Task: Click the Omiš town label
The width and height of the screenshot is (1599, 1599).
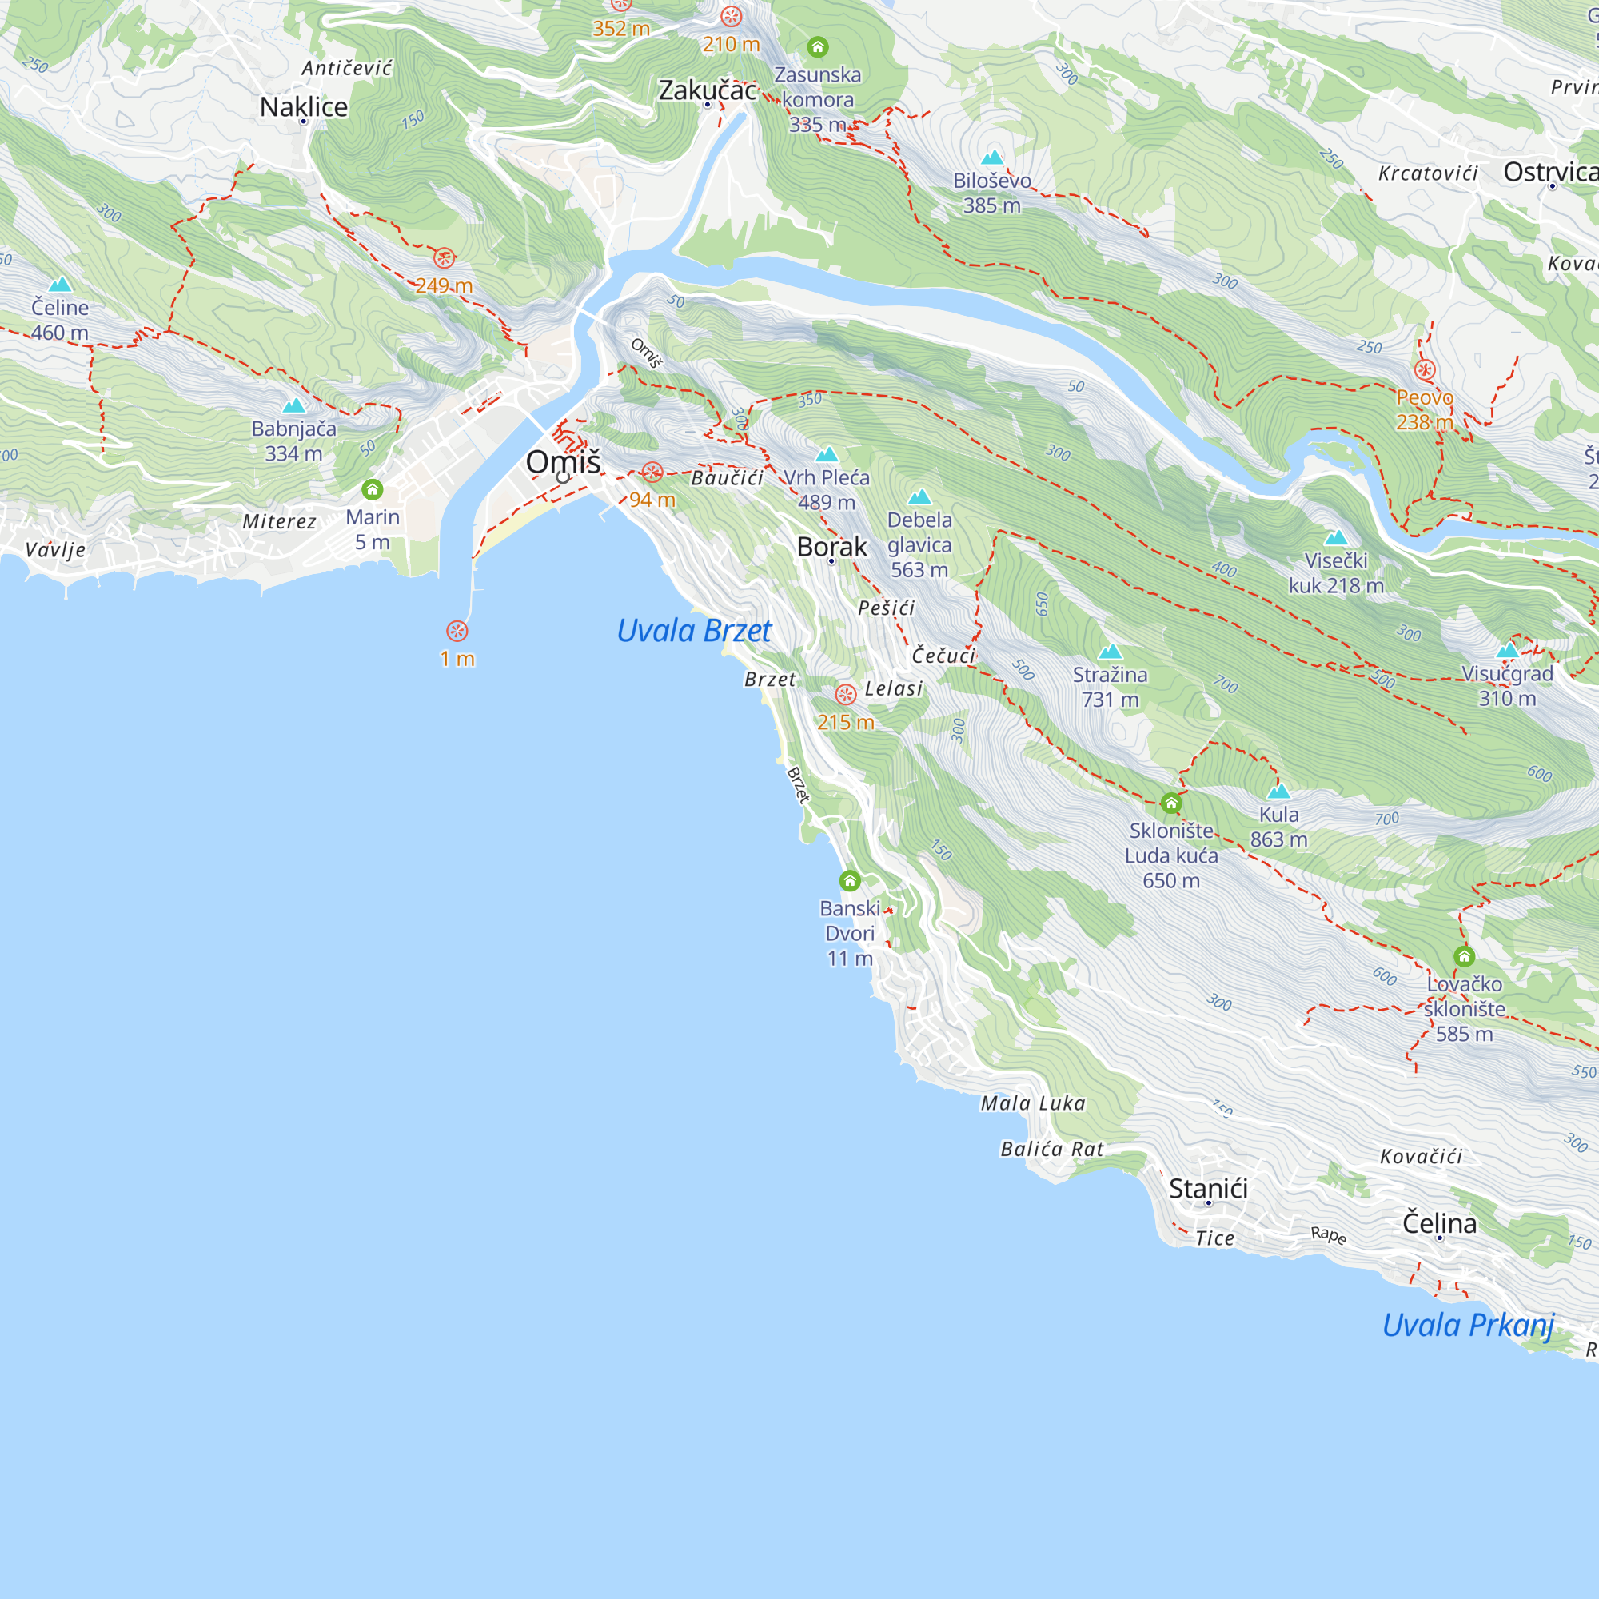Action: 563,462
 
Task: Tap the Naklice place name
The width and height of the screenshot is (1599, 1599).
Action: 304,107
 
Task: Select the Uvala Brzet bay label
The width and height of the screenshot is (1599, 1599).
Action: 693,632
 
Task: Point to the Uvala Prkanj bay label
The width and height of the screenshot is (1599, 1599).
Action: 1468,1325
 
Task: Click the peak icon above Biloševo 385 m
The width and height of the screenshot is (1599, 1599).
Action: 991,158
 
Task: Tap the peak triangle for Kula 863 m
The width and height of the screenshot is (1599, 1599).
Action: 1278,792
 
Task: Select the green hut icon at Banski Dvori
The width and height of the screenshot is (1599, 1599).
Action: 850,880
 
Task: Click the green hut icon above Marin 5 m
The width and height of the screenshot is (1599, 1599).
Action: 373,490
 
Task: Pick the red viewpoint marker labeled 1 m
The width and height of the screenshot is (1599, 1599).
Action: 457,632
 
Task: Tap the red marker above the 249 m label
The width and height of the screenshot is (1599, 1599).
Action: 445,258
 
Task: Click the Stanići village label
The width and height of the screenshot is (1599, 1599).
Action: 1208,1189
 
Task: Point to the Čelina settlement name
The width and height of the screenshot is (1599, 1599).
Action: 1439,1223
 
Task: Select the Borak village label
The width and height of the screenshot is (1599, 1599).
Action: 831,547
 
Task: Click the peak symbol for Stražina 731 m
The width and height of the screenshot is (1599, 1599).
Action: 1110,652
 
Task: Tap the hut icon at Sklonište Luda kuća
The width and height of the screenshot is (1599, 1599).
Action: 1171,803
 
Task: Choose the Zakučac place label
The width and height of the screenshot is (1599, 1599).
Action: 707,90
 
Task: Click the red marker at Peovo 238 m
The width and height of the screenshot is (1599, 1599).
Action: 1425,370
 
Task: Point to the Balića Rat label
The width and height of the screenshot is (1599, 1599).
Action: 1052,1149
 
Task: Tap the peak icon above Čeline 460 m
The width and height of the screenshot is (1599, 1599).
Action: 60,285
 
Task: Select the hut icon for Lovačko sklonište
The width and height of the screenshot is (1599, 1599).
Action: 1464,958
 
